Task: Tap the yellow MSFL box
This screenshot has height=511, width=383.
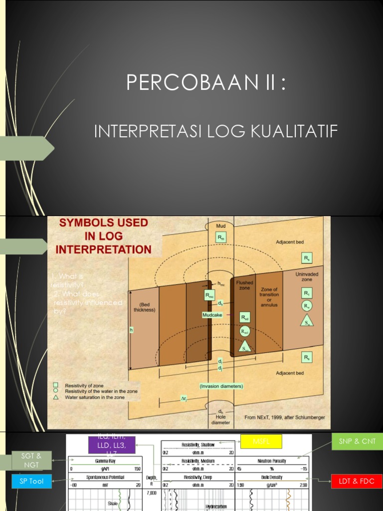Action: point(261,441)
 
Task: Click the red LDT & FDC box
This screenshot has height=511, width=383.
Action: point(356,482)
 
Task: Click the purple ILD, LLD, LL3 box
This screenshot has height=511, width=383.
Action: point(112,444)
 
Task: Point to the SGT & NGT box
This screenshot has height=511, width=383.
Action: point(32,460)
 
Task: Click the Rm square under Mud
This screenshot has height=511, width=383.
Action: point(220,238)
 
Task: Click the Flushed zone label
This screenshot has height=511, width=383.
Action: point(245,285)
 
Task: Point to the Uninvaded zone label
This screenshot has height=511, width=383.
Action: point(307,277)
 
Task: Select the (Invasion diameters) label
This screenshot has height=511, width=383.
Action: point(221,386)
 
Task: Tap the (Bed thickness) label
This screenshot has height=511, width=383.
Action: point(145,306)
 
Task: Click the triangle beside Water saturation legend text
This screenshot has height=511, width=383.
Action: point(56,397)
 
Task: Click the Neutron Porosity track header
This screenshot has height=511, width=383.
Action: point(272,462)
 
